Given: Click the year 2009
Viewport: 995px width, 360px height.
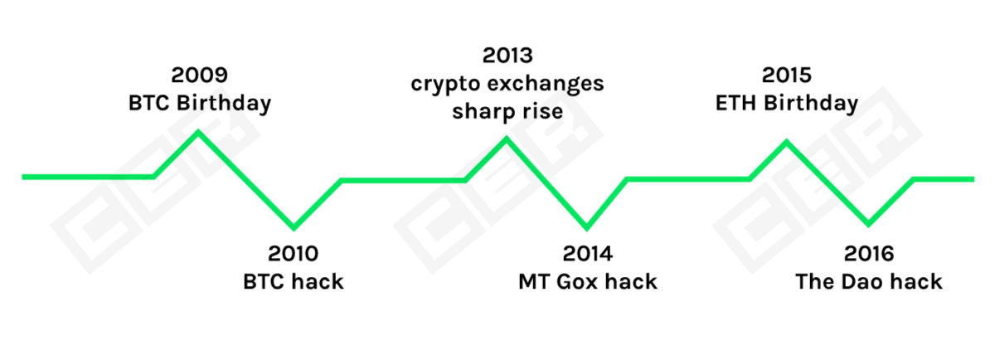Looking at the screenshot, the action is point(200,75).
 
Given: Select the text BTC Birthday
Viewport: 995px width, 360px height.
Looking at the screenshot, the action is point(200,104).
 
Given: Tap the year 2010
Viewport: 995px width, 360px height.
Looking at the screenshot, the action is point(294,253).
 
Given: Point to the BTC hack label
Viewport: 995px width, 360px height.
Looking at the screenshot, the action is point(294,281).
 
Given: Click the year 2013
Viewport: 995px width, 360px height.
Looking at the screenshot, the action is point(507,56).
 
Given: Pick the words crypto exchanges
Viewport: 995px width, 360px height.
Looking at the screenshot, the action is point(507,84).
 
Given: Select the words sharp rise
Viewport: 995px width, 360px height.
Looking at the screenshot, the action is point(507,111).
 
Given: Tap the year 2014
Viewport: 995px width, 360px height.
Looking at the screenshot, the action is point(588,253).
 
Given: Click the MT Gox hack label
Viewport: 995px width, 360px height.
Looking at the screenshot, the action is point(588,281).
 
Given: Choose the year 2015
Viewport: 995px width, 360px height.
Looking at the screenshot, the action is point(787,75).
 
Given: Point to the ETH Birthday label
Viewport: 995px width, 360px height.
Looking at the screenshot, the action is point(787,104).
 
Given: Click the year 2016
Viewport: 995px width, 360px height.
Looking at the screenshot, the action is point(869,253).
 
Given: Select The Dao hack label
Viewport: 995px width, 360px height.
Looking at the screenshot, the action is point(869,281).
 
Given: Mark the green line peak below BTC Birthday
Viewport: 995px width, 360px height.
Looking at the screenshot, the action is point(198,132).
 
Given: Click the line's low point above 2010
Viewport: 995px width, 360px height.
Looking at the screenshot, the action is point(294,227).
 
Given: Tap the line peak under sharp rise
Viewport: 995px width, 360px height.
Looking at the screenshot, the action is point(507,139).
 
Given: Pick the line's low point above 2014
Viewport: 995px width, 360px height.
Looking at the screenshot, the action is point(586,227).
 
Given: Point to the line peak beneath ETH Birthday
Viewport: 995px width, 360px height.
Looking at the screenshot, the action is point(787,142).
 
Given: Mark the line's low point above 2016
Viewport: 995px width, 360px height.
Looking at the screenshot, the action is point(868,224).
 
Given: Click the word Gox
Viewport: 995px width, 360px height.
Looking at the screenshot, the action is point(577,281).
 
